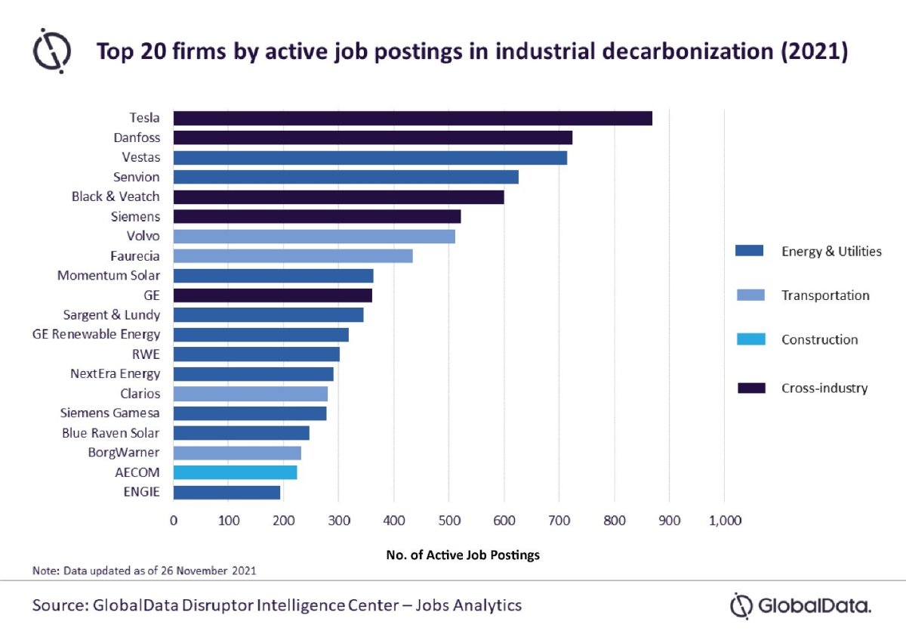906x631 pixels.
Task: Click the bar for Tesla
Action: pyautogui.click(x=412, y=118)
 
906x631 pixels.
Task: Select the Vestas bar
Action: pyautogui.click(x=370, y=157)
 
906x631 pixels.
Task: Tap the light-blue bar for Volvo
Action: pyautogui.click(x=314, y=236)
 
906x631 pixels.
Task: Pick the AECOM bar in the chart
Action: pyautogui.click(x=235, y=472)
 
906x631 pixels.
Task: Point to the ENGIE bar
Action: pyautogui.click(x=226, y=492)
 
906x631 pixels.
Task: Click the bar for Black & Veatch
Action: pyautogui.click(x=338, y=196)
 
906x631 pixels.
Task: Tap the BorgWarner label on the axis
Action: pyautogui.click(x=125, y=453)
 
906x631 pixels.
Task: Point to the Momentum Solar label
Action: pyautogui.click(x=109, y=275)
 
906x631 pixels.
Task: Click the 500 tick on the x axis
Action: pyautogui.click(x=448, y=521)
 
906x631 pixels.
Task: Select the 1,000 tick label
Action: pyautogui.click(x=724, y=521)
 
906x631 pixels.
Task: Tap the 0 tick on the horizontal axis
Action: pyautogui.click(x=174, y=521)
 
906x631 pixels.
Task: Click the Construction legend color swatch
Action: pyautogui.click(x=750, y=339)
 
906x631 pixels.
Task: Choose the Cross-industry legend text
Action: pyautogui.click(x=824, y=388)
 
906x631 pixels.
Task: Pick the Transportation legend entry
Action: pyautogui.click(x=825, y=295)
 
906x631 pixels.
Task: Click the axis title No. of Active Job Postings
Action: pyautogui.click(x=463, y=555)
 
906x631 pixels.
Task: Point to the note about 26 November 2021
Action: pyautogui.click(x=144, y=571)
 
